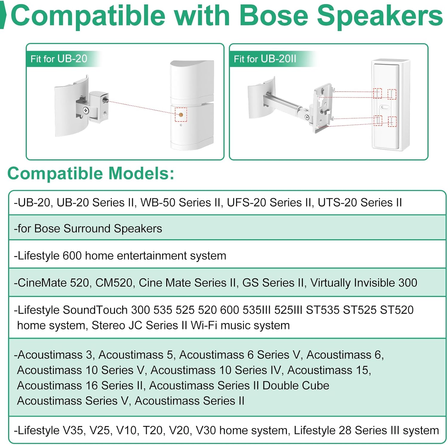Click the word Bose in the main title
pyautogui.click(x=274, y=16)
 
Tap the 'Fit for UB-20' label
pyautogui.click(x=59, y=59)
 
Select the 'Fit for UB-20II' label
pyautogui.click(x=265, y=59)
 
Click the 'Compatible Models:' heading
pyautogui.click(x=91, y=173)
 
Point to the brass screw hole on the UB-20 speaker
pyautogui.click(x=181, y=115)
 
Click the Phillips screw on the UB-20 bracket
pyautogui.click(x=86, y=111)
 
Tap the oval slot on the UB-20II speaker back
pyautogui.click(x=385, y=107)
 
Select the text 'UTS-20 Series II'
pyautogui.click(x=360, y=203)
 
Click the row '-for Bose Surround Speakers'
pyautogui.click(x=88, y=228)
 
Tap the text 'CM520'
pyautogui.click(x=114, y=283)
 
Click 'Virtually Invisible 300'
pyautogui.click(x=363, y=283)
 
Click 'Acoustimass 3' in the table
pyautogui.click(x=55, y=355)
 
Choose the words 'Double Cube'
pyautogui.click(x=295, y=385)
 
